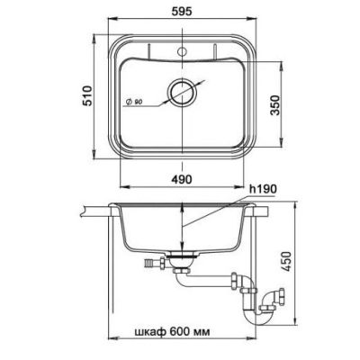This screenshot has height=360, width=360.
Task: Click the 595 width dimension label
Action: click(182, 12)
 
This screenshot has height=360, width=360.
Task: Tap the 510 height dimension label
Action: click(87, 95)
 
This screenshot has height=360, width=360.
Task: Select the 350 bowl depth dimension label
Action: click(274, 105)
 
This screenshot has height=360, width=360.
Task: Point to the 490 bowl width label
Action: click(181, 179)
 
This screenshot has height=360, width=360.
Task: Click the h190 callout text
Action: click(263, 189)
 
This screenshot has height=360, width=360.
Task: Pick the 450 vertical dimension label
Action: click(287, 261)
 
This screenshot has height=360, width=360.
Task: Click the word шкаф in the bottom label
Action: click(150, 332)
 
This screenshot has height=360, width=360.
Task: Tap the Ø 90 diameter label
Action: click(134, 102)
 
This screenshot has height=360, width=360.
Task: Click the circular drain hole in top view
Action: click(182, 92)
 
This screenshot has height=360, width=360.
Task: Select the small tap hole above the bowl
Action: click(181, 51)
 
